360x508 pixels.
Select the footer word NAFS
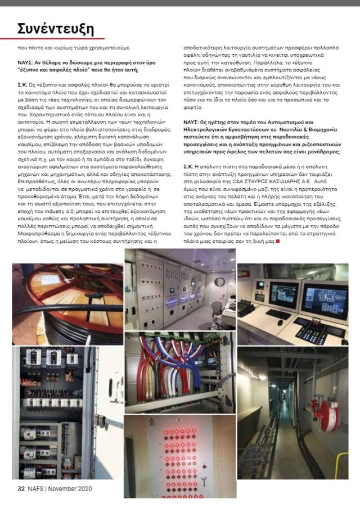point(37,488)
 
